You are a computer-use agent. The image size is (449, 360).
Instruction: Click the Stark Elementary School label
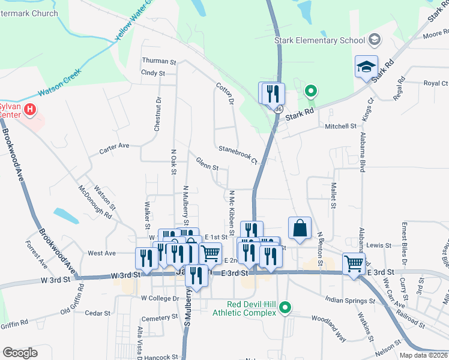[319, 40]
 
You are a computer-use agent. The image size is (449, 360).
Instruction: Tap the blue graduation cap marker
[366, 68]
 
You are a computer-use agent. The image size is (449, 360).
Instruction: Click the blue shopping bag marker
[300, 229]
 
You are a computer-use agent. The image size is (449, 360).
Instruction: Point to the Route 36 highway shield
[277, 110]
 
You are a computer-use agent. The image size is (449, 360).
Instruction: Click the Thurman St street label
[158, 61]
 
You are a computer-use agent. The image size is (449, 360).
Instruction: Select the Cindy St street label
[152, 73]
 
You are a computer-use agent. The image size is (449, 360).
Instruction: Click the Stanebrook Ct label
[238, 155]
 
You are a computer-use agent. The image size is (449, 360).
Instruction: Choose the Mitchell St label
[340, 127]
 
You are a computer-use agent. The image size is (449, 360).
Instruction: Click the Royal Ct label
[436, 83]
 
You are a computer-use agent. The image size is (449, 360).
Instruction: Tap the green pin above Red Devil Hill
[286, 308]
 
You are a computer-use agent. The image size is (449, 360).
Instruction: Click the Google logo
[20, 352]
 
